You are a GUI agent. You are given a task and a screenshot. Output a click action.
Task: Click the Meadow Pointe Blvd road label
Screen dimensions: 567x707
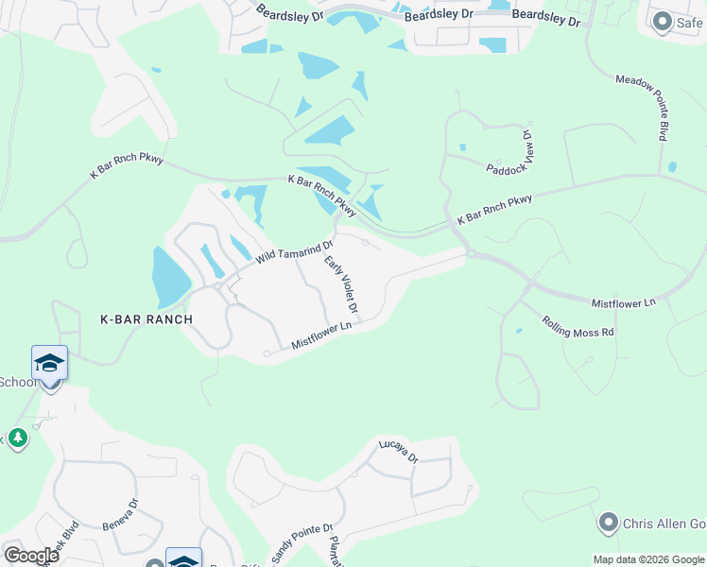coord(643,108)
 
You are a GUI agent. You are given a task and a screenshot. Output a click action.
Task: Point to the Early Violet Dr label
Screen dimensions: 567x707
coord(341,284)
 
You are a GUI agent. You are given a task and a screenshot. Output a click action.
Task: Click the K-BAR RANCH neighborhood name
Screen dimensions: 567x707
coord(147,319)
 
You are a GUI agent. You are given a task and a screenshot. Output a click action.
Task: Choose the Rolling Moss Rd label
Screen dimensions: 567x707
coord(578,326)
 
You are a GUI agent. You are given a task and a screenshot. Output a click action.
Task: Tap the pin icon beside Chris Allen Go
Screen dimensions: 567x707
coord(609,523)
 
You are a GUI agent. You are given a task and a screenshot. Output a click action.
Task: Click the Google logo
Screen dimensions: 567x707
coord(31,556)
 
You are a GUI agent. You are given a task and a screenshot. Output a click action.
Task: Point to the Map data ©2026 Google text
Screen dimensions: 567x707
coord(649,559)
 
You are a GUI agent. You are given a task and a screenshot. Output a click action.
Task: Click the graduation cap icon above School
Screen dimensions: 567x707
coord(49,362)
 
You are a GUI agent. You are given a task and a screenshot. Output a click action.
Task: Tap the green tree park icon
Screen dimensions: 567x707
coord(17,440)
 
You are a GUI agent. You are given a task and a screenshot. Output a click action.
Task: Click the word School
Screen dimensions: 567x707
coord(17,382)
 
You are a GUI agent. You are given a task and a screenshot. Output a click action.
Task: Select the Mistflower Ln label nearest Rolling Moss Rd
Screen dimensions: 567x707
coord(623,303)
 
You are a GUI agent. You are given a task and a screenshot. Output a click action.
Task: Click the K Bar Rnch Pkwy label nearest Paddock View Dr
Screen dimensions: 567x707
coord(494,210)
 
